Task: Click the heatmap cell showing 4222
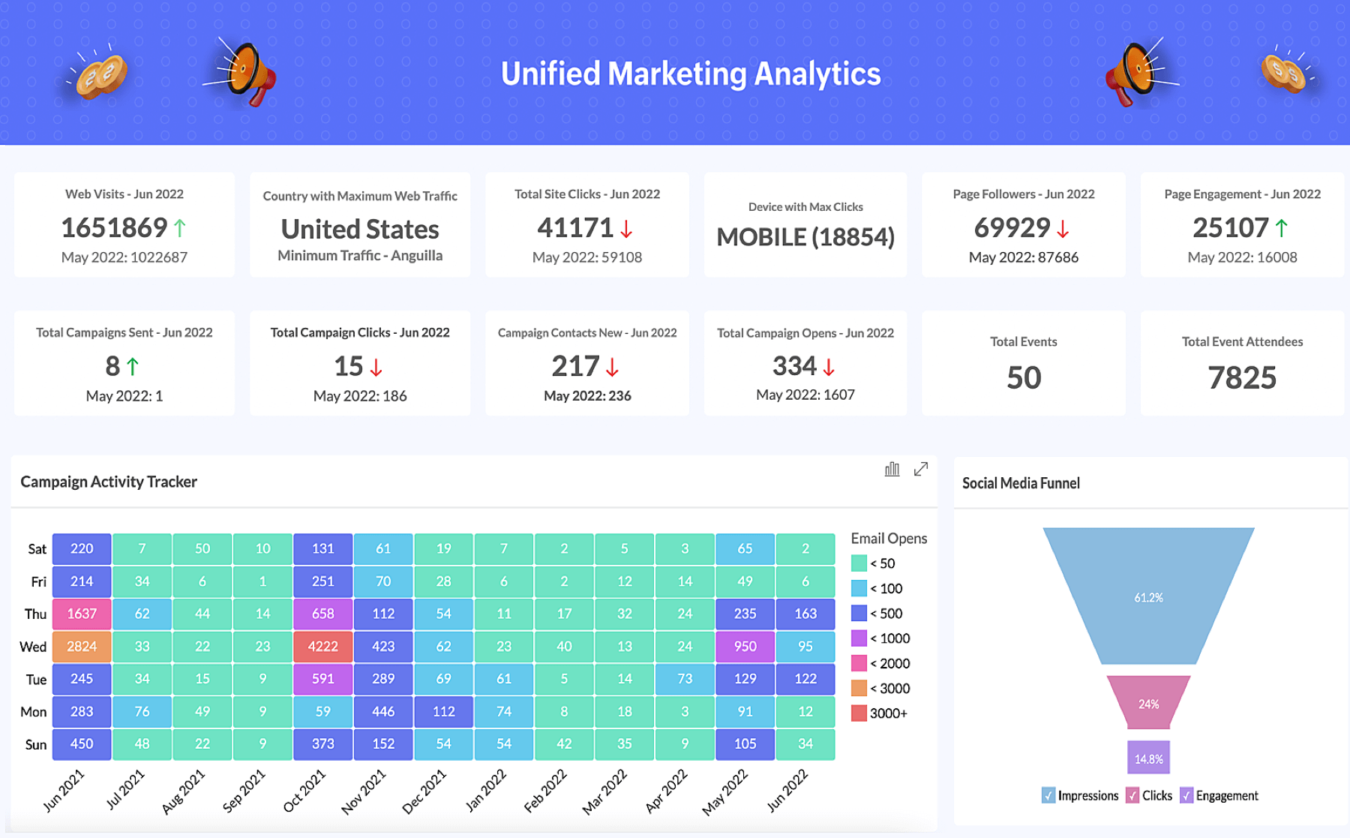tap(322, 646)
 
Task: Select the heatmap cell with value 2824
tap(82, 646)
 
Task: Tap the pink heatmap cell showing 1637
tap(82, 614)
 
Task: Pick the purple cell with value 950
tap(745, 646)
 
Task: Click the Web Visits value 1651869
tap(114, 227)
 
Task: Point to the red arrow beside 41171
tap(626, 229)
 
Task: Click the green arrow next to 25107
tap(1282, 228)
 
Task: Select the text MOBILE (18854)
tap(805, 237)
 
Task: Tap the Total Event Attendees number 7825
tap(1242, 377)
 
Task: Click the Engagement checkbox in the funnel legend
tap(1186, 795)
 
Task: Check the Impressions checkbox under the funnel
tap(1048, 795)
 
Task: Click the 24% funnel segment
tap(1148, 703)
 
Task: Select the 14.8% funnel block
tap(1148, 758)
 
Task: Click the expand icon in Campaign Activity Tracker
tap(921, 469)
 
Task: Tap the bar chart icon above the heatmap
tap(892, 469)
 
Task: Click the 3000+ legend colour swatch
tap(859, 713)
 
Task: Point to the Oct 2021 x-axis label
tap(304, 791)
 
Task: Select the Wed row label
tap(33, 647)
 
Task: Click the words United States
tap(360, 229)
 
